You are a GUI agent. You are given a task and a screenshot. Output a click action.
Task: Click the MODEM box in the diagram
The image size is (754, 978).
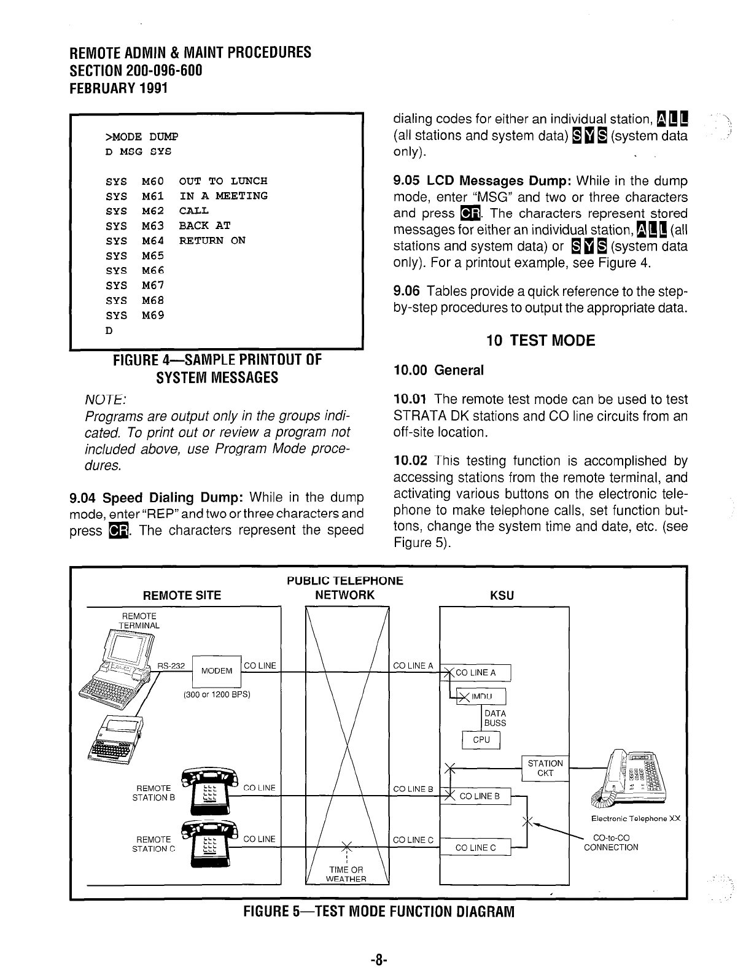pyautogui.click(x=216, y=670)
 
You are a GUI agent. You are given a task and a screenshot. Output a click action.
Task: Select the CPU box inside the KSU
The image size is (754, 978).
pyautogui.click(x=482, y=740)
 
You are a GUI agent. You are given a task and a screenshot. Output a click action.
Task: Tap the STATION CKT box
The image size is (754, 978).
pyautogui.click(x=545, y=768)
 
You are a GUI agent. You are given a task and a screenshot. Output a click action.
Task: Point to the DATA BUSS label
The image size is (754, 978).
pyautogui.click(x=495, y=718)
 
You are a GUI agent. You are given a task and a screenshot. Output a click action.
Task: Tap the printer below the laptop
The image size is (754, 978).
pyautogui.click(x=117, y=737)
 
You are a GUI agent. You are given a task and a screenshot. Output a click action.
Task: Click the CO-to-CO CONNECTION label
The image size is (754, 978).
pyautogui.click(x=611, y=842)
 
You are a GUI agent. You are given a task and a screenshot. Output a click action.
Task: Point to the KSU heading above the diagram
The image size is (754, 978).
pyautogui.click(x=502, y=596)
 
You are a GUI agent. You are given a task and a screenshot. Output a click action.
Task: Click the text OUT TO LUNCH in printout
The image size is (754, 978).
pyautogui.click(x=223, y=181)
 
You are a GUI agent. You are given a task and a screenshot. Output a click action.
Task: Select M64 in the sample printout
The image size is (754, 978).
pyautogui.click(x=153, y=241)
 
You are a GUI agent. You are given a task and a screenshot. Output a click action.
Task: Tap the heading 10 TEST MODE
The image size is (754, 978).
pyautogui.click(x=540, y=341)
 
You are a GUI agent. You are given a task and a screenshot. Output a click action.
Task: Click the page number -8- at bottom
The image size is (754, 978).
pyautogui.click(x=377, y=959)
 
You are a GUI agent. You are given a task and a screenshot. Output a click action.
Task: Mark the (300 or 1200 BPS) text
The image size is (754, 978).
pyautogui.click(x=216, y=695)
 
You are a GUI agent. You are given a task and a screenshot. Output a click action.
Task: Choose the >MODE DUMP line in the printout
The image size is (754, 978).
pyautogui.click(x=141, y=136)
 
